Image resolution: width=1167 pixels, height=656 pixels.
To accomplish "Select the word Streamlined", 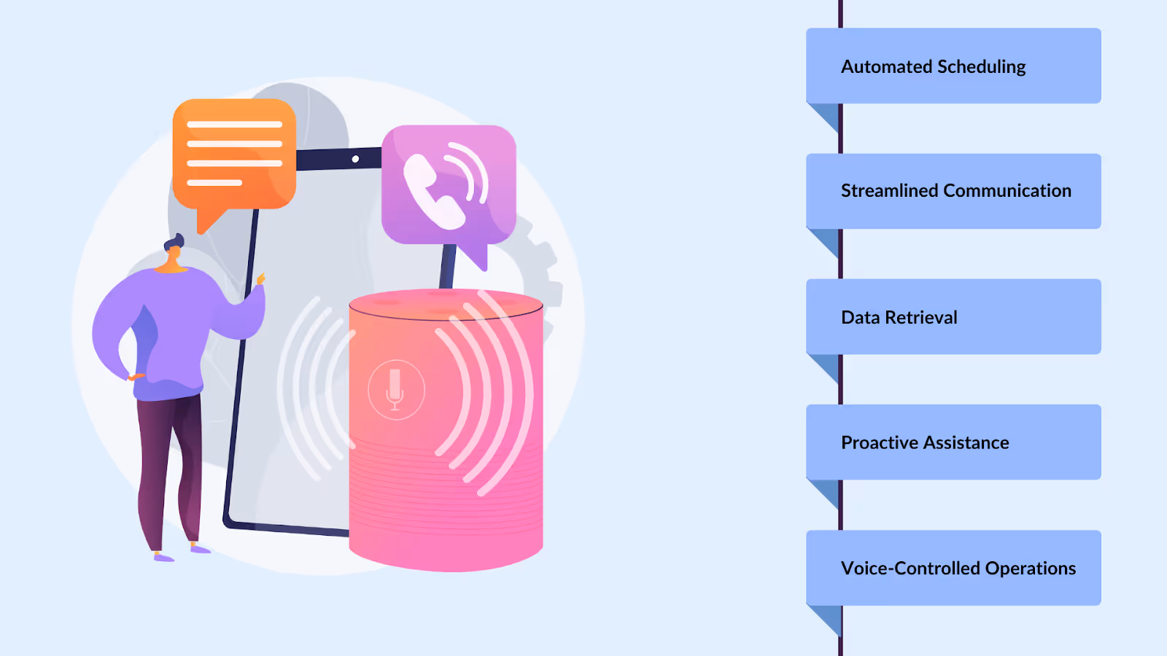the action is [x=889, y=191].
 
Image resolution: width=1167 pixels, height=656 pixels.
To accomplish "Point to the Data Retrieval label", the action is [x=899, y=317].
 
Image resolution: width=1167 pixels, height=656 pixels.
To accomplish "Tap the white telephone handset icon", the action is [x=433, y=192].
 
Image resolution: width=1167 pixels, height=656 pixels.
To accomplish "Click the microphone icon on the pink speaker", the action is [x=395, y=389].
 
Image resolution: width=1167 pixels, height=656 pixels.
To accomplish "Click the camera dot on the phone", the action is [x=355, y=159].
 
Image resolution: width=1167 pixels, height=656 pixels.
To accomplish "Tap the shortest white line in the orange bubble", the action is [x=214, y=182].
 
